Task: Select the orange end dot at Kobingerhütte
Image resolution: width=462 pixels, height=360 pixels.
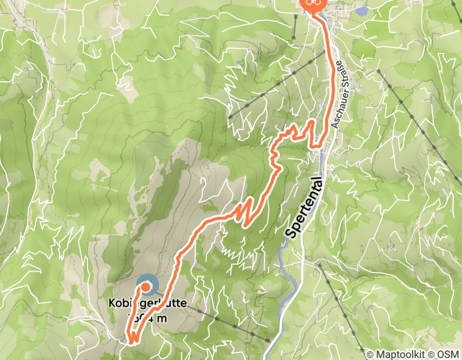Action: [x=146, y=286]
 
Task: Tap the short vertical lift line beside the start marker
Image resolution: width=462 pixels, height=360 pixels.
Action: [x=295, y=26]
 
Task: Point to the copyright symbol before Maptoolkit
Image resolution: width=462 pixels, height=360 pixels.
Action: [x=370, y=354]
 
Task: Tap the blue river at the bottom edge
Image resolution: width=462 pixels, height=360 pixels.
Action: [x=268, y=355]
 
